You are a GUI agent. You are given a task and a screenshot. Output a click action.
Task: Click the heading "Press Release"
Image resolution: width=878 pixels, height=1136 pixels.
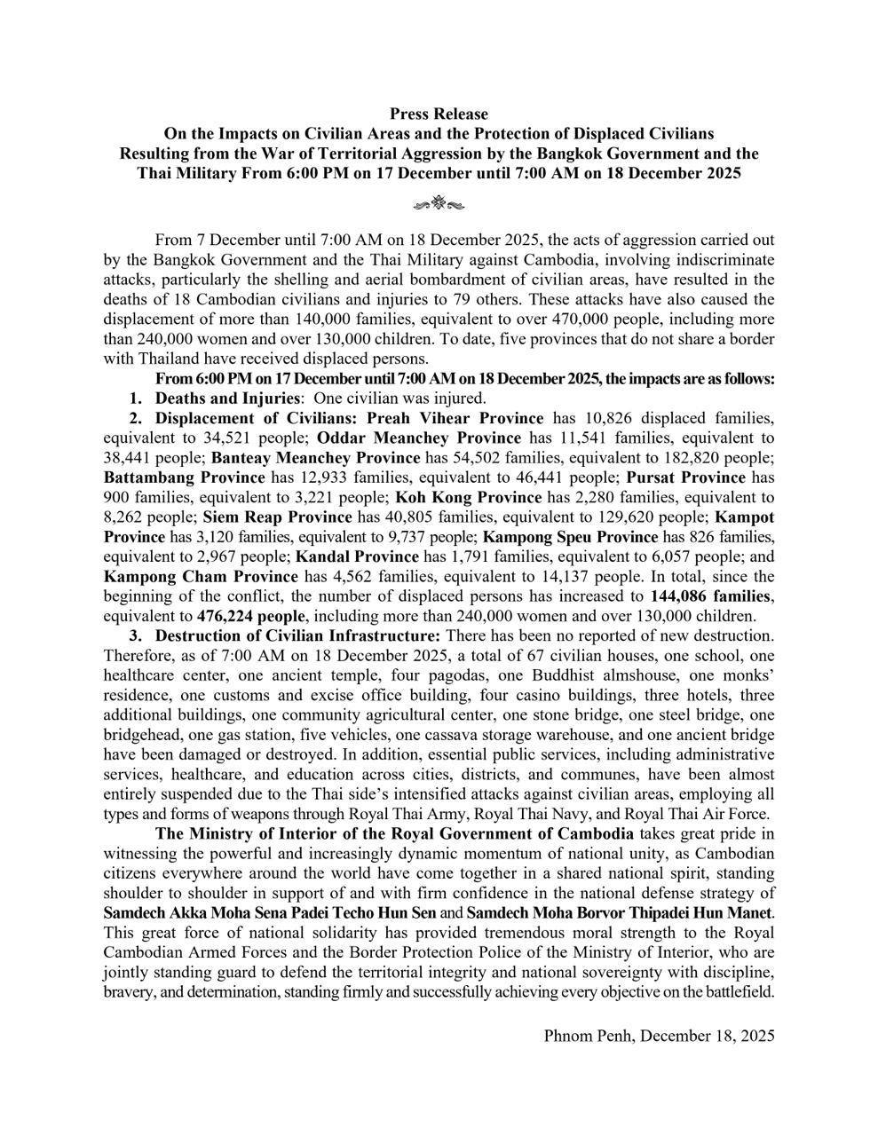(x=439, y=114)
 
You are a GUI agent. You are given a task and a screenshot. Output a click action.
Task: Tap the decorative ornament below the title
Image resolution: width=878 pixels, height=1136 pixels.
(x=439, y=205)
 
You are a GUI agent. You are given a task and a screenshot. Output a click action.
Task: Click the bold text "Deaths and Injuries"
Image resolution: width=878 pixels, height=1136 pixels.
(x=227, y=398)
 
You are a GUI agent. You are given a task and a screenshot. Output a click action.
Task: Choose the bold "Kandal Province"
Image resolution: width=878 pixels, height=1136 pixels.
(x=357, y=556)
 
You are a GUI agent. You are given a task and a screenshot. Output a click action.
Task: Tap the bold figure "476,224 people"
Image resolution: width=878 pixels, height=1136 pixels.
(x=252, y=614)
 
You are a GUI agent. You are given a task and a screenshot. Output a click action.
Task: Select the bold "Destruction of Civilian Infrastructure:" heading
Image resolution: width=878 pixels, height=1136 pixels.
(x=297, y=635)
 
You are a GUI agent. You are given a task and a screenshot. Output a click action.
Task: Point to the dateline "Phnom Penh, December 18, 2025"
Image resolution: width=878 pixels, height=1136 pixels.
(x=659, y=1035)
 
